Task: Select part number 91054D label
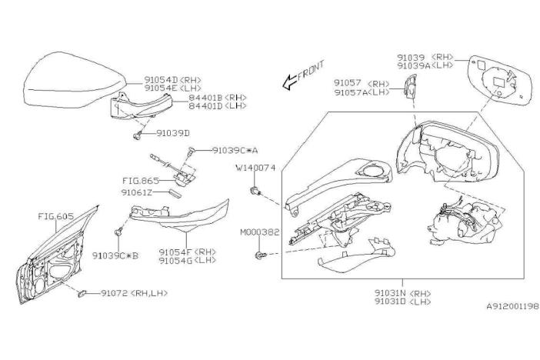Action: click(162, 80)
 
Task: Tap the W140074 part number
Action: click(255, 168)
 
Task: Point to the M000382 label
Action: click(260, 232)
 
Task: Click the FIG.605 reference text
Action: click(56, 216)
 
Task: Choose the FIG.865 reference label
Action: click(141, 181)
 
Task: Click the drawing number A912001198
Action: click(512, 306)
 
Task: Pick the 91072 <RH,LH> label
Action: click(135, 293)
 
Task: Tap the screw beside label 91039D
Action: click(138, 135)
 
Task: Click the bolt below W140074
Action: click(255, 191)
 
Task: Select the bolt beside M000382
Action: click(260, 255)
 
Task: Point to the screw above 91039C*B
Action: click(118, 232)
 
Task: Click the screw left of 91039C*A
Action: click(192, 151)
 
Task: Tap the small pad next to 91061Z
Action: click(175, 193)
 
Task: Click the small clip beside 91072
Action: click(82, 294)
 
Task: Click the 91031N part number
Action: click(390, 294)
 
